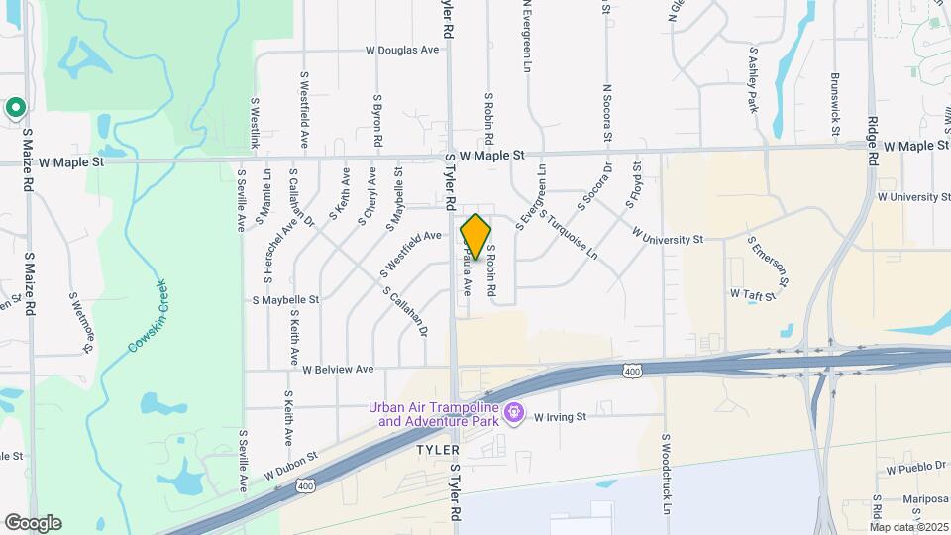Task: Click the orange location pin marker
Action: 476,237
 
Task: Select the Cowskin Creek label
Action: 148,316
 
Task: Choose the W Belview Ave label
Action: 338,369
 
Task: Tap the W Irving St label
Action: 560,417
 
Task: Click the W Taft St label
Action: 750,294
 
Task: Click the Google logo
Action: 32,523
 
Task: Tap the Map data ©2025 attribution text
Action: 909,527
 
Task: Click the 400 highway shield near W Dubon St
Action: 306,485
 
